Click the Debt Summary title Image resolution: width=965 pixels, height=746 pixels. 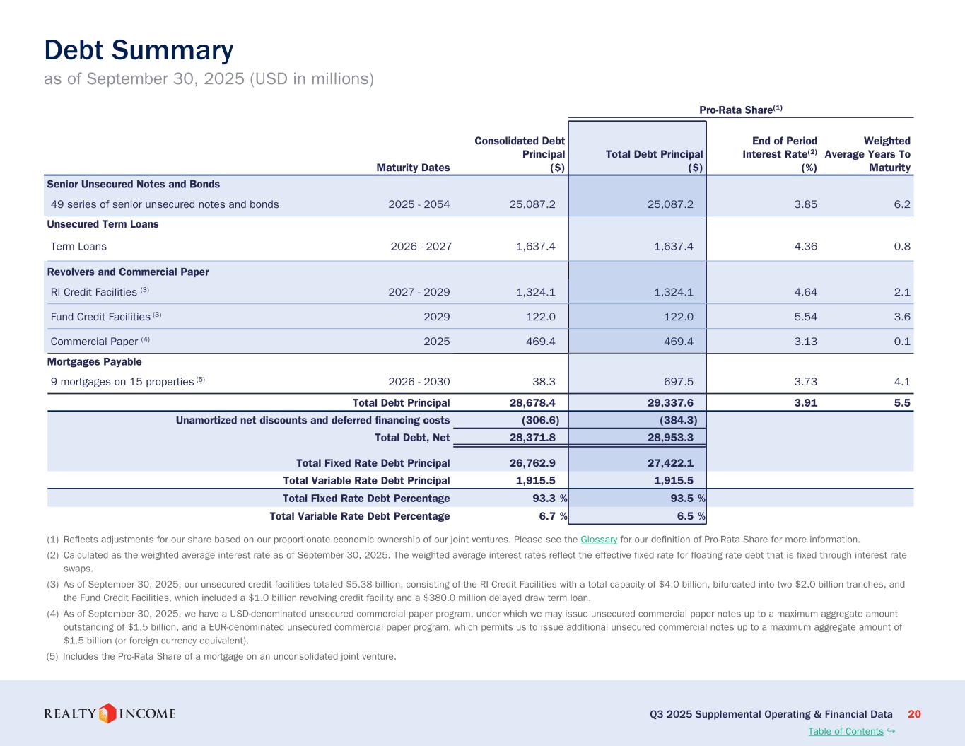139,51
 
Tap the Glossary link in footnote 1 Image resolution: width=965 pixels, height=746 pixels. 599,540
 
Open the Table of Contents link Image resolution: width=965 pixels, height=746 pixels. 846,731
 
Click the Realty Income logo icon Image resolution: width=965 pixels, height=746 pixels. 107,713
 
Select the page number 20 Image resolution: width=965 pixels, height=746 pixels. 914,714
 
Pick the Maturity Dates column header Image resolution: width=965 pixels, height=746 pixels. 413,168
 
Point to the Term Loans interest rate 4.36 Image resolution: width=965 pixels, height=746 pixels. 805,247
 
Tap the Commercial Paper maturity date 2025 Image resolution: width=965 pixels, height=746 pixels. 436,342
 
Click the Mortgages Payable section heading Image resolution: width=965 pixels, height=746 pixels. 94,362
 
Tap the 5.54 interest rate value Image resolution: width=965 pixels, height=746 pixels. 805,317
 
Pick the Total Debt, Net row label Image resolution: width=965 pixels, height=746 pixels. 411,438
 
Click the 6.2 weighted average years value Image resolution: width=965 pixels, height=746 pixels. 902,204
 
